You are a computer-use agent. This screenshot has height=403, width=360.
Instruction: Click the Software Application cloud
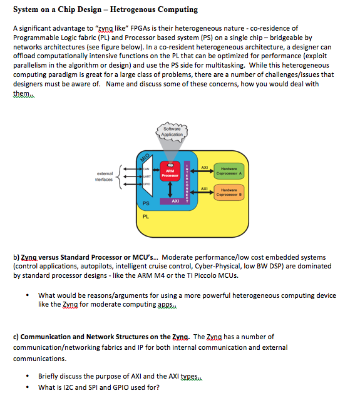172,131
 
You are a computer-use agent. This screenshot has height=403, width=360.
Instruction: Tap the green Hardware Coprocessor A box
229,171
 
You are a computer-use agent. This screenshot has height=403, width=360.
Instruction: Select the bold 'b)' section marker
17,257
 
